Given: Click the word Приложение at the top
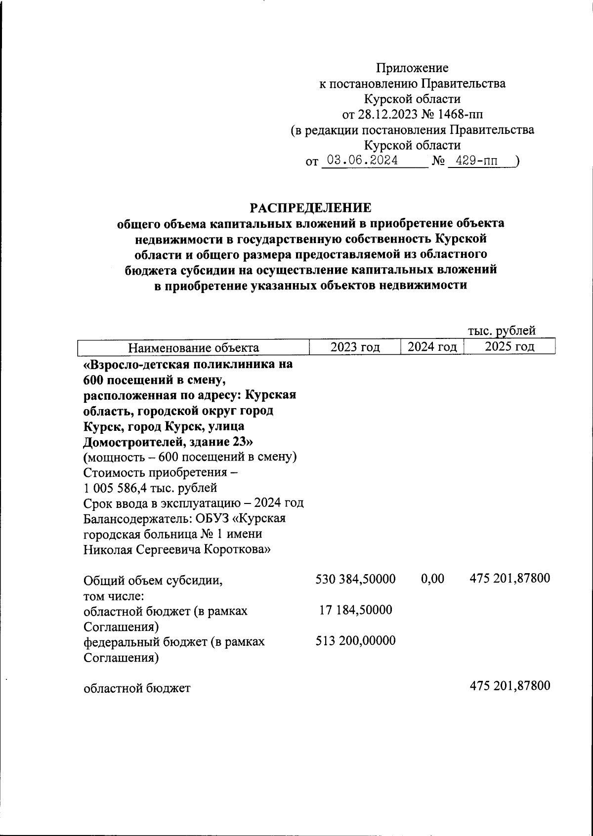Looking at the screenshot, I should (x=412, y=68).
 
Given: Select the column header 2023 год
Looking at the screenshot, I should (x=355, y=347).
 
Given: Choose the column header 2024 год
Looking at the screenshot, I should (x=432, y=347).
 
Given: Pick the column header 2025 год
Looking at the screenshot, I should (x=509, y=346).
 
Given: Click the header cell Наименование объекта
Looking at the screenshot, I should (x=194, y=347).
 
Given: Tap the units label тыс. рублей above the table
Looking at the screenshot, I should (x=502, y=331).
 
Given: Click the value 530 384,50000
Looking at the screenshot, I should (x=355, y=579).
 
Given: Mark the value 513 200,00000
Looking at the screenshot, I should (x=355, y=641).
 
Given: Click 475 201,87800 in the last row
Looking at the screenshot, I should (x=509, y=686).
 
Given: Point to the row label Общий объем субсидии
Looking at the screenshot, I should (x=153, y=581).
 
